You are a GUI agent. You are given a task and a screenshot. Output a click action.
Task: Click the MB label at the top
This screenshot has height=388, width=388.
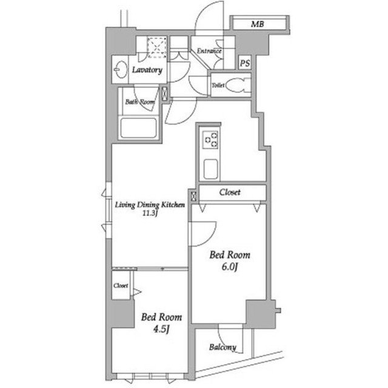tap(258, 24)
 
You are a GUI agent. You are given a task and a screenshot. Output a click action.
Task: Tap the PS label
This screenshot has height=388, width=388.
tap(245, 63)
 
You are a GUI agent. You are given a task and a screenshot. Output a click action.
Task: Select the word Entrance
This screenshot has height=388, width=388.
tap(209, 51)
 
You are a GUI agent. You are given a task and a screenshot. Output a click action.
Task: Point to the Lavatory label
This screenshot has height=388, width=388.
tap(147, 70)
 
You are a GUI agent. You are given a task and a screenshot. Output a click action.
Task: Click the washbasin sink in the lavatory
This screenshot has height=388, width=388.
tap(121, 70)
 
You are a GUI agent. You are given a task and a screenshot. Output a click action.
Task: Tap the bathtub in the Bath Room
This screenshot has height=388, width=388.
tap(139, 128)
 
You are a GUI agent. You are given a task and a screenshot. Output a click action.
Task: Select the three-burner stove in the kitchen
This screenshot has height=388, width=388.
tap(210, 140)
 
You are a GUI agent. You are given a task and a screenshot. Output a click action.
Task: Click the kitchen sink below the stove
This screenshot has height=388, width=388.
tap(211, 169)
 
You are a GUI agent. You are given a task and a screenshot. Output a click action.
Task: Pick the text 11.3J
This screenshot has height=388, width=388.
tap(150, 213)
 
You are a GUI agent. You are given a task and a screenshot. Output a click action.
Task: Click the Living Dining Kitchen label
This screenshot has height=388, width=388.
tap(150, 205)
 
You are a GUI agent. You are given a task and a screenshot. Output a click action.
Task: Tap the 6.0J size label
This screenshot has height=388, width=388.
tap(230, 267)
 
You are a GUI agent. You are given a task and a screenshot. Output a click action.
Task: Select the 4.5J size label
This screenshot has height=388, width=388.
tap(162, 329)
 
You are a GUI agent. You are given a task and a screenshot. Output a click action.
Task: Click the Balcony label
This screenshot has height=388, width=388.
tap(222, 347)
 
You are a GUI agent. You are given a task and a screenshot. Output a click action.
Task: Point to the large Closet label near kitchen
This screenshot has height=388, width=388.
tap(230, 192)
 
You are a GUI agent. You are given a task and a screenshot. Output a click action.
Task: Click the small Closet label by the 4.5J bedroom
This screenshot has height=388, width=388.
tap(121, 285)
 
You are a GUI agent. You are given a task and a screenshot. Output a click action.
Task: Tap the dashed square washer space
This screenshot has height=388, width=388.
tap(157, 47)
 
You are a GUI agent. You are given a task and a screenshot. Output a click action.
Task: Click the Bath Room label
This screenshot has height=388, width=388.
tap(140, 102)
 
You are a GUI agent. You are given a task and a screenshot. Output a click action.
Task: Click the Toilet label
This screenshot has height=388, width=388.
tap(218, 85)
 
